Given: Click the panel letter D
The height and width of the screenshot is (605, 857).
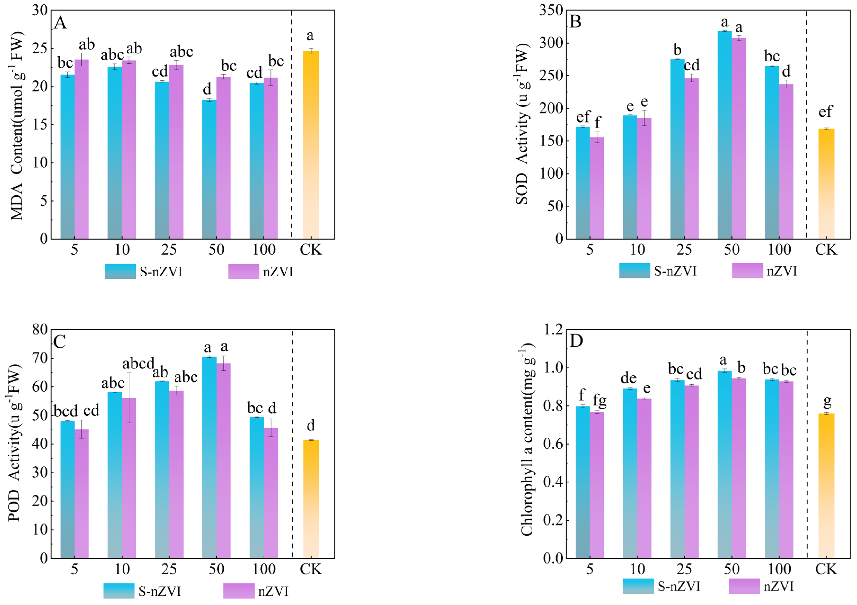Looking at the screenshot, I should pyautogui.click(x=576, y=341).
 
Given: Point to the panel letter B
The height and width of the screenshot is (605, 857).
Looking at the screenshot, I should pyautogui.click(x=575, y=22).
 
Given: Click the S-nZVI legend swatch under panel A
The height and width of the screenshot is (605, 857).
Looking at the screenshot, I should pyautogui.click(x=120, y=271).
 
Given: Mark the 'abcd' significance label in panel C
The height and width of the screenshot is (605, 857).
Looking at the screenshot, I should pyautogui.click(x=138, y=363).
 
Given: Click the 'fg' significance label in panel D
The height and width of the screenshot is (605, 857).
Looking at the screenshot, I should pyautogui.click(x=599, y=401).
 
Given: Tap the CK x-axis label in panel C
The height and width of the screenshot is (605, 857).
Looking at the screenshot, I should pyautogui.click(x=311, y=570).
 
